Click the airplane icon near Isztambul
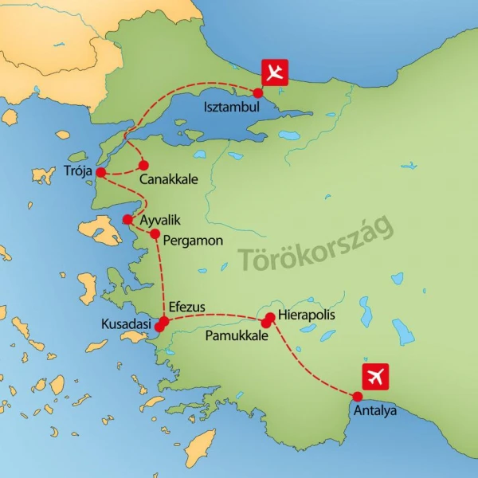(x=275, y=72)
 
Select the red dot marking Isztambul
(x=257, y=92)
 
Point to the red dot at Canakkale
(x=144, y=166)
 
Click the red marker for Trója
(x=101, y=173)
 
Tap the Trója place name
(x=77, y=170)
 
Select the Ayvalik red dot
(x=127, y=219)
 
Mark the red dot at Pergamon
(x=155, y=234)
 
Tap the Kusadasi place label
(x=127, y=325)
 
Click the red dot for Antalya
(x=357, y=397)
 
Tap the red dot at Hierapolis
(x=270, y=317)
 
